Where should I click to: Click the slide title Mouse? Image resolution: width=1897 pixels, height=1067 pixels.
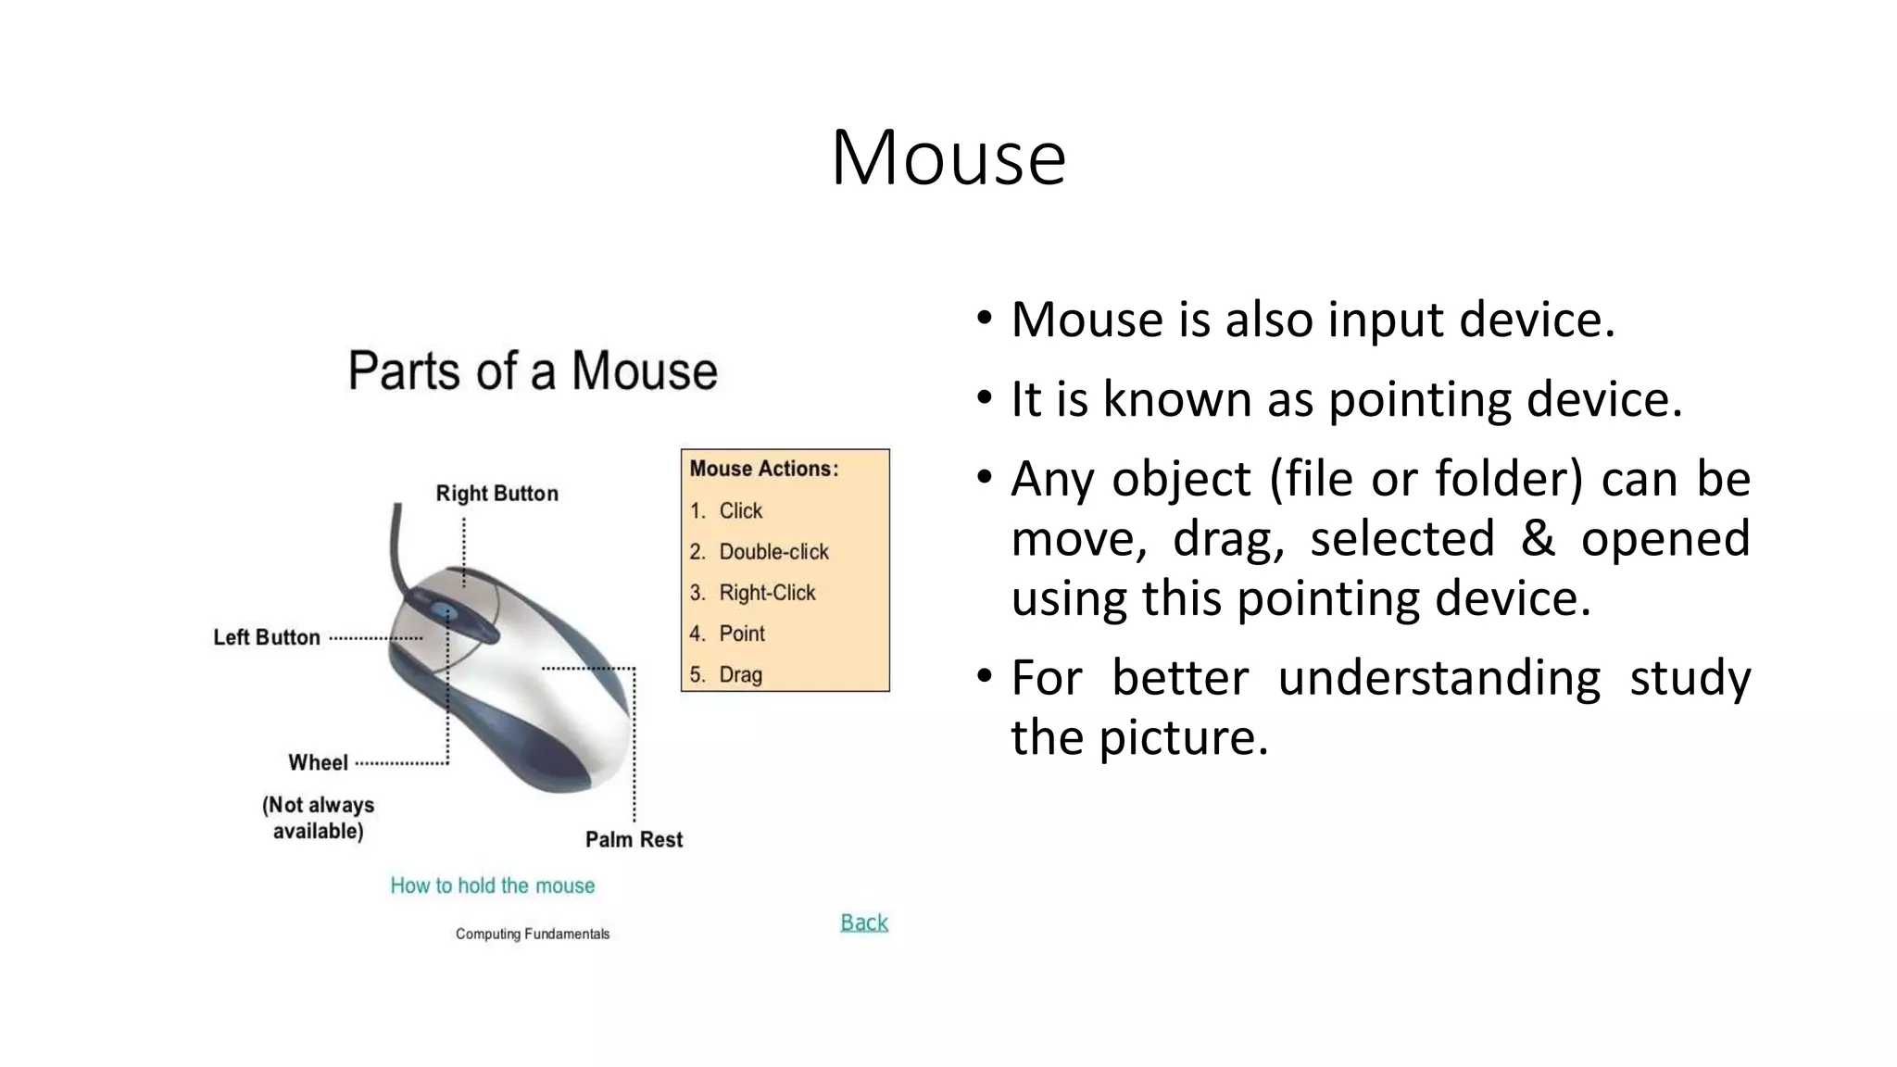(948, 157)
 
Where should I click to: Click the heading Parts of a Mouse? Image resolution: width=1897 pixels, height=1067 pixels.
(533, 371)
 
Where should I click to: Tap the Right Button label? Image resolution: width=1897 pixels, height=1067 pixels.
(496, 494)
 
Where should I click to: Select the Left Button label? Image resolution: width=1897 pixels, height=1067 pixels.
(267, 637)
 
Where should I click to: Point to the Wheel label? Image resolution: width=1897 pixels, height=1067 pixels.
(318, 762)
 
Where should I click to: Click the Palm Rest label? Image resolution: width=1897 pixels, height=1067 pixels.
(634, 839)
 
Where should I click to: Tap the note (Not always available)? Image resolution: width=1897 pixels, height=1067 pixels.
(318, 818)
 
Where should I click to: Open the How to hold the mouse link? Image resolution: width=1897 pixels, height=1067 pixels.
(492, 885)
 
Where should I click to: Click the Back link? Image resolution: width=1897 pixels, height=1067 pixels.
(863, 923)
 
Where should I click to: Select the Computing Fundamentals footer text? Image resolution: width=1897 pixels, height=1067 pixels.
(532, 934)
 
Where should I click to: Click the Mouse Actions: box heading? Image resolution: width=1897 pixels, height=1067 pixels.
(763, 469)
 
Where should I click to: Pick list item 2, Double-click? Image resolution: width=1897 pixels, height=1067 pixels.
(773, 552)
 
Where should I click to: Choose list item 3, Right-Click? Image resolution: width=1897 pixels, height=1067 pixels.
(767, 593)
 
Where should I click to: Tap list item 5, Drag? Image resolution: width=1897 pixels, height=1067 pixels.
(740, 674)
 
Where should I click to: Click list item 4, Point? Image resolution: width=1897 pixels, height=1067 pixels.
(742, 634)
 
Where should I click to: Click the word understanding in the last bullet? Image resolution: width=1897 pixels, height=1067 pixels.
(1438, 677)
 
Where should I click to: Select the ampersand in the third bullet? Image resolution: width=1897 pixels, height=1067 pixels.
(1538, 538)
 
